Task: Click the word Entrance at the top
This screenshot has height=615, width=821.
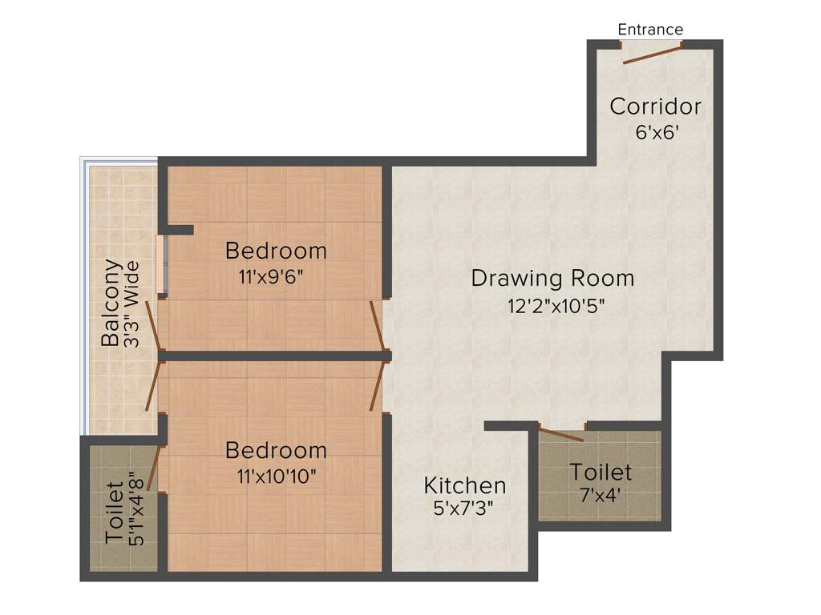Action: pyautogui.click(x=650, y=30)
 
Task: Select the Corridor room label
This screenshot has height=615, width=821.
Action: pyautogui.click(x=655, y=106)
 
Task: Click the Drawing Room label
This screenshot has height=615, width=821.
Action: pyautogui.click(x=552, y=279)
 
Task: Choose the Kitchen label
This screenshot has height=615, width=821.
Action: pyautogui.click(x=465, y=485)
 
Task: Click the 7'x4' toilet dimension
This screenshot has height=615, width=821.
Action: pyautogui.click(x=601, y=495)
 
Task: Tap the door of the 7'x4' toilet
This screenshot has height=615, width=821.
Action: pyautogui.click(x=561, y=435)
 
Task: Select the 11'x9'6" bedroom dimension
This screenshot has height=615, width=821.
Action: pyautogui.click(x=271, y=277)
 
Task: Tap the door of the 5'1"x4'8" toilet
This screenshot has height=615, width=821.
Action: pyautogui.click(x=153, y=468)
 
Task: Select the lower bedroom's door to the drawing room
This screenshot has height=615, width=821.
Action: pyautogui.click(x=376, y=386)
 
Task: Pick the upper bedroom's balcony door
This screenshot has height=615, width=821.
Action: pyautogui.click(x=154, y=326)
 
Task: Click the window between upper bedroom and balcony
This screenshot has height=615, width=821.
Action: pyautogui.click(x=163, y=265)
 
